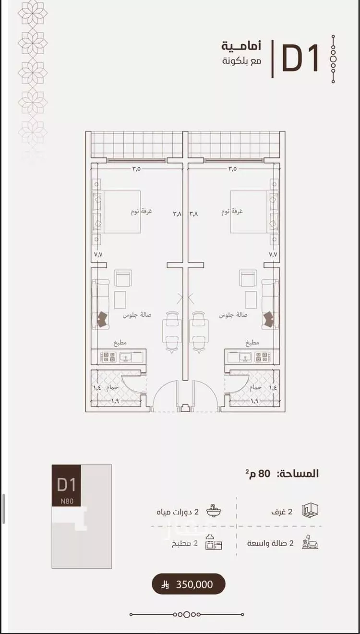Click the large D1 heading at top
pos(300,59)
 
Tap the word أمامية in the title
pos(241,47)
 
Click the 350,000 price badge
pos(189,585)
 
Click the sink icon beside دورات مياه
pos(214,511)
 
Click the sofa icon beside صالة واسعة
pos(310,543)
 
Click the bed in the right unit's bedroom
pos(252,212)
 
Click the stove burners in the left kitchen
pos(108,357)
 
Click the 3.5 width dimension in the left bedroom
pos(136,169)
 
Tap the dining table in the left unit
pos(172,330)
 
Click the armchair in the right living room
pos(248,278)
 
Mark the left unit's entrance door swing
pos(164,396)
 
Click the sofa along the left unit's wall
pos(100,304)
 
